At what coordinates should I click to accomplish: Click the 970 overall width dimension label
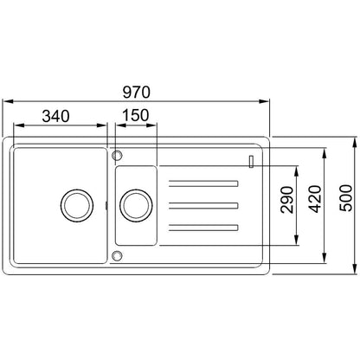[x=137, y=92]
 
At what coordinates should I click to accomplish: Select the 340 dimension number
[x=55, y=116]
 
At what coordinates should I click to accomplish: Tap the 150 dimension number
[x=136, y=115]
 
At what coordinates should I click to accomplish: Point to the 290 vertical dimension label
[x=286, y=200]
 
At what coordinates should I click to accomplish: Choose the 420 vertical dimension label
[x=315, y=199]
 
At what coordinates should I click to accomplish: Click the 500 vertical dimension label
[x=346, y=198]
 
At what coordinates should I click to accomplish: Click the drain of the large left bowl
[x=77, y=206]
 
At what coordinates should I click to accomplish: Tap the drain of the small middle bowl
[x=136, y=206]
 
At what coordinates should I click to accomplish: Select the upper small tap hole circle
[x=117, y=155]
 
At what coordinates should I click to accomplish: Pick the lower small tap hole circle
[x=117, y=256]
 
